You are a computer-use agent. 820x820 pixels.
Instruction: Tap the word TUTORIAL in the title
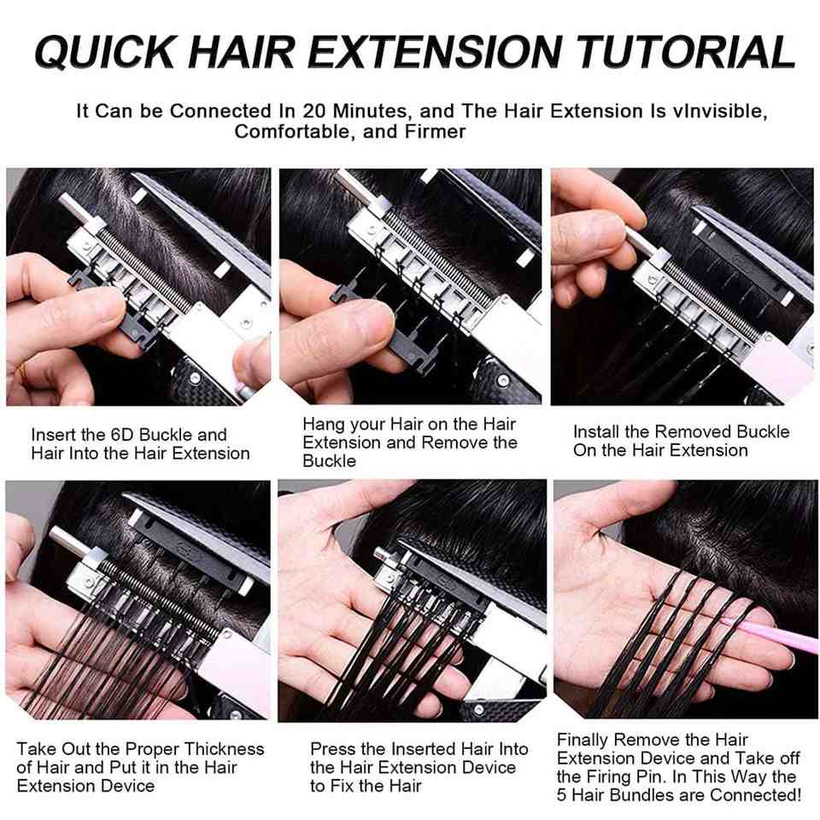(686, 51)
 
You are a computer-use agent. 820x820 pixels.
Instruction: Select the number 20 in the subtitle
(313, 111)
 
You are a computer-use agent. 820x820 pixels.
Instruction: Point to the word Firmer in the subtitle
(435, 132)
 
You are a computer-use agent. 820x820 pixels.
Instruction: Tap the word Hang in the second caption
(323, 425)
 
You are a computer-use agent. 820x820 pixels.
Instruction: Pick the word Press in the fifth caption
(331, 749)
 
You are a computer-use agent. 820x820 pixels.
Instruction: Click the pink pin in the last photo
(769, 631)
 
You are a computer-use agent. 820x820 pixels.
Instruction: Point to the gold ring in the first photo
(21, 372)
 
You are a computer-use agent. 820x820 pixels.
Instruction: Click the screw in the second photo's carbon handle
(502, 379)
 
